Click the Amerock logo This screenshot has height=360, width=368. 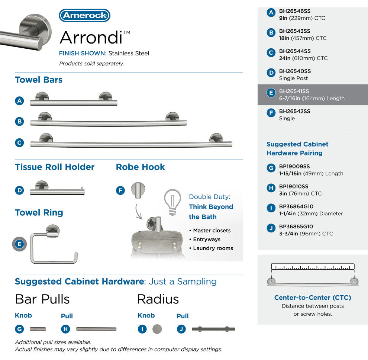(85, 16)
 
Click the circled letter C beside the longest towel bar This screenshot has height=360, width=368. (20, 142)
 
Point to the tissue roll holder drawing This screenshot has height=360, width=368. (57, 189)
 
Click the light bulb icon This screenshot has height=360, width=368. (172, 202)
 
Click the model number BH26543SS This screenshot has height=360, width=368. (295, 31)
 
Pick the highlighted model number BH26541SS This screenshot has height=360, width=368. (294, 91)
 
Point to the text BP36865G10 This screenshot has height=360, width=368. (296, 226)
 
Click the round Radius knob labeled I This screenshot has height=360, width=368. (157, 329)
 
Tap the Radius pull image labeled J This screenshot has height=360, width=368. (213, 329)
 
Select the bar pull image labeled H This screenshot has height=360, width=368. (96, 329)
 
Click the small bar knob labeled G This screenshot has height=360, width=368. (38, 329)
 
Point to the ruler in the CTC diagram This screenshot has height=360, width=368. (313, 267)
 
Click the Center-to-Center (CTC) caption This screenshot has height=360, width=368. (313, 298)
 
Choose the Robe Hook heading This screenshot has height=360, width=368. (141, 167)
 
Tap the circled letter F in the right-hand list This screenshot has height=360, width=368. (271, 113)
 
